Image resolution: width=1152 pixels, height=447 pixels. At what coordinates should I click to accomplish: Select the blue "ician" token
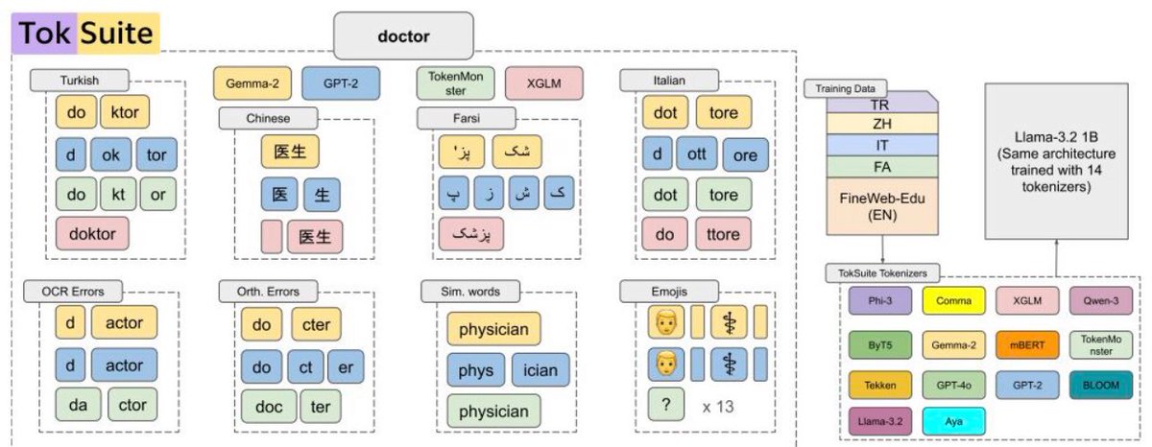541,368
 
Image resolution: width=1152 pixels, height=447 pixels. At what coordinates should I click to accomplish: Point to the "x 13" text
719,406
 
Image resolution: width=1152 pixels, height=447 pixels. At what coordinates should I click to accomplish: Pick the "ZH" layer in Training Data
878,124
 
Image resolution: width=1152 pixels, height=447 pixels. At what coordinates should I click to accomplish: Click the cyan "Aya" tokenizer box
952,422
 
